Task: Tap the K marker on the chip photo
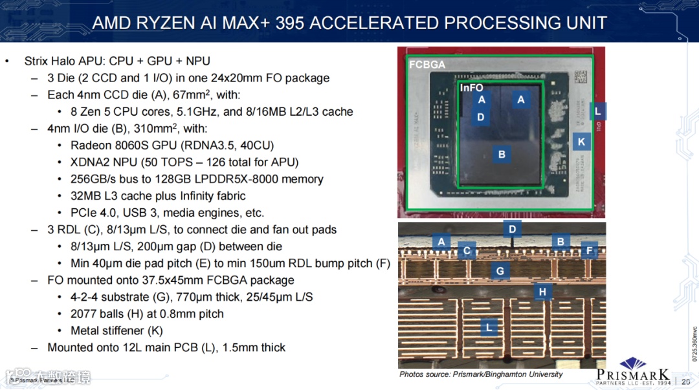[581, 142]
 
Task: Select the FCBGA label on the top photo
[427, 65]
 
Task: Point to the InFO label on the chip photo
[471, 87]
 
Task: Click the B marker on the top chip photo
[502, 155]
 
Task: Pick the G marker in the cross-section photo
[500, 271]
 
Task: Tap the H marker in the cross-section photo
[542, 292]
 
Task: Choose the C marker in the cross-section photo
[466, 251]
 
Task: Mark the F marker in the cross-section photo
[588, 250]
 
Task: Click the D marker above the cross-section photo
[513, 229]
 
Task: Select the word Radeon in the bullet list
[90, 145]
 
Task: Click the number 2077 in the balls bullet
[83, 314]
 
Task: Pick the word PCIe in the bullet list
[84, 213]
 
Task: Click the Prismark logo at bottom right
[633, 371]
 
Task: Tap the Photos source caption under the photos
[481, 374]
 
